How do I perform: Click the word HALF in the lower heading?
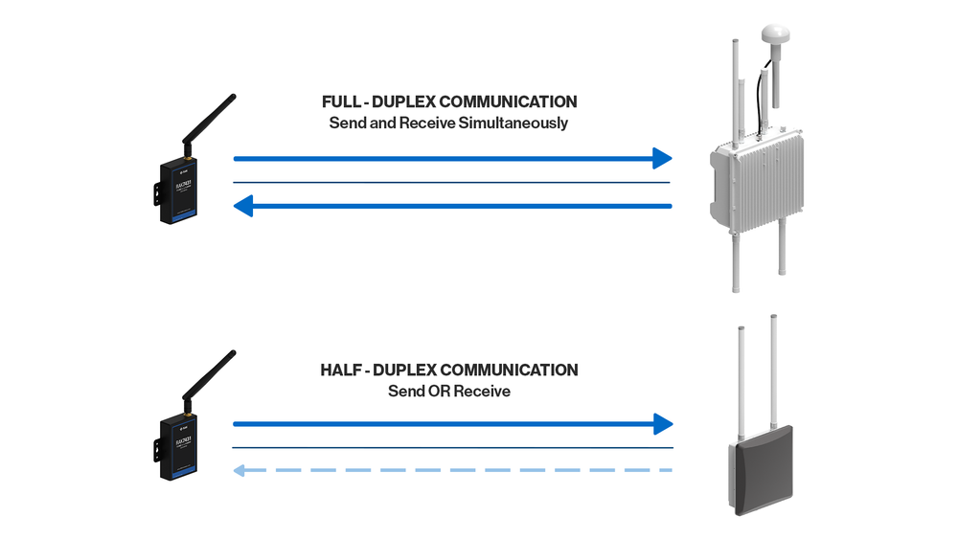341,370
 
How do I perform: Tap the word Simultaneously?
518,124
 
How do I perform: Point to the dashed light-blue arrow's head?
242,470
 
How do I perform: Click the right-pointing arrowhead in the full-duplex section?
661,158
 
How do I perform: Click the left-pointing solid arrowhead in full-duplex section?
243,206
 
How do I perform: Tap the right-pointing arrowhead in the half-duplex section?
662,423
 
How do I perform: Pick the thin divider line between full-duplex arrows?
450,182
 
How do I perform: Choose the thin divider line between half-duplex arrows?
450,447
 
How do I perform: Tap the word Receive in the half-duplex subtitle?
483,392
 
